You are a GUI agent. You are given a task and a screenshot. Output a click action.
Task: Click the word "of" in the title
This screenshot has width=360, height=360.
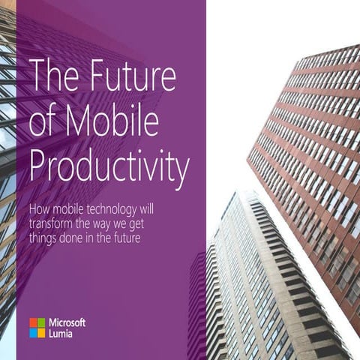click(46, 122)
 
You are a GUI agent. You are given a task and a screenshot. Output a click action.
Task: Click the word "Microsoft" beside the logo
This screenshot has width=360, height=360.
click(68, 322)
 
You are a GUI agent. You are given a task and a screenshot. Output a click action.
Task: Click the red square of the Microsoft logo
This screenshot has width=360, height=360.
click(33, 322)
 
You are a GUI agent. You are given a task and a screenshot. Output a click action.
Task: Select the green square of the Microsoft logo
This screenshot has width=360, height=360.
click(42, 322)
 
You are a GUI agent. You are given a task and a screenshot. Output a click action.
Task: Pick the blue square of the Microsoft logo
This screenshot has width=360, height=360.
click(33, 332)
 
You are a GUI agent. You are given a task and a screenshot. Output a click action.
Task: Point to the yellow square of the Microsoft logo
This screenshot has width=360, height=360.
click(42, 332)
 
